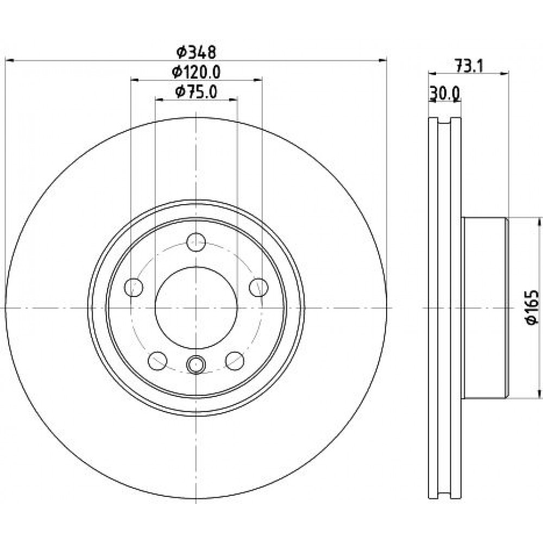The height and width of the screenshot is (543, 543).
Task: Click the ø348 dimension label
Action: (196, 52)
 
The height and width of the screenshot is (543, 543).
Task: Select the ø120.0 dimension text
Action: (196, 72)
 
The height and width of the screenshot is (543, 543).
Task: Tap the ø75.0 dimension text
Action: (196, 92)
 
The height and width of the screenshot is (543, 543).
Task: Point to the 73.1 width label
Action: (469, 66)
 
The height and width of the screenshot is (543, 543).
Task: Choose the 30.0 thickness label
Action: (445, 93)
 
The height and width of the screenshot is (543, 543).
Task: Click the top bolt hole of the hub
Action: (196, 242)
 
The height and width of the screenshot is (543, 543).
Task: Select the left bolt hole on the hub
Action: (134, 287)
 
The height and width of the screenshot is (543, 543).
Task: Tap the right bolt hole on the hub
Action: (258, 287)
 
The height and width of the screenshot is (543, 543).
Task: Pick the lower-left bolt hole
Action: (157, 361)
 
